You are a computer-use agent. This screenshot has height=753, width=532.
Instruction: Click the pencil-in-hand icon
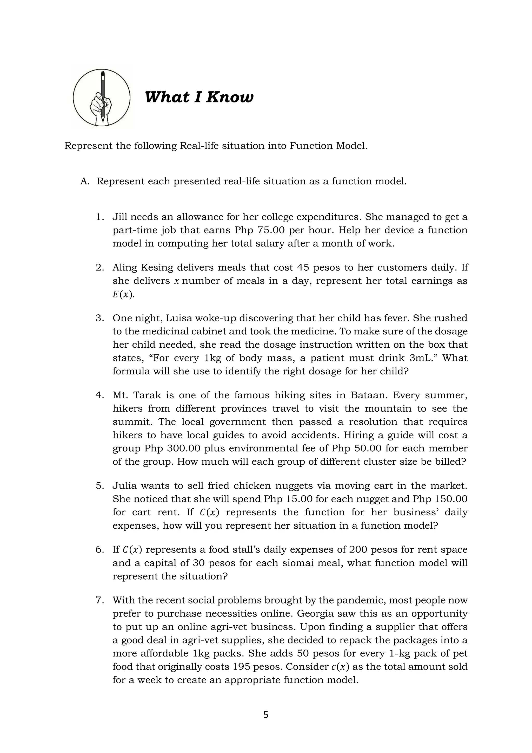pos(102,98)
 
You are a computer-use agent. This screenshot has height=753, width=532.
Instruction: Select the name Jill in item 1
pos(119,217)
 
